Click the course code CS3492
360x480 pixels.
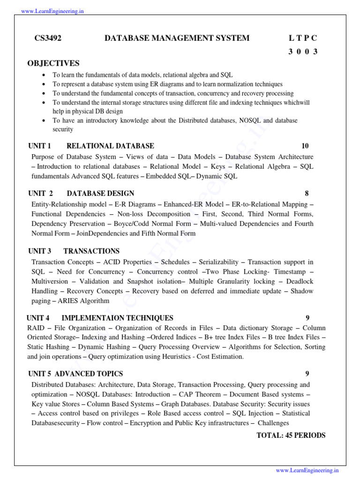point(48,38)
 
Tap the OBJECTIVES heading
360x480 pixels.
point(53,63)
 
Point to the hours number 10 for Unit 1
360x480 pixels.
point(305,146)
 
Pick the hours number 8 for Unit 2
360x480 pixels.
point(307,194)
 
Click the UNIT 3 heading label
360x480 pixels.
point(39,251)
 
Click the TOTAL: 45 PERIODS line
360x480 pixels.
point(291,435)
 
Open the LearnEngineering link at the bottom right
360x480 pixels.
point(307,470)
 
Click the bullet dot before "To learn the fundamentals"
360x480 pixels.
point(44,75)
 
